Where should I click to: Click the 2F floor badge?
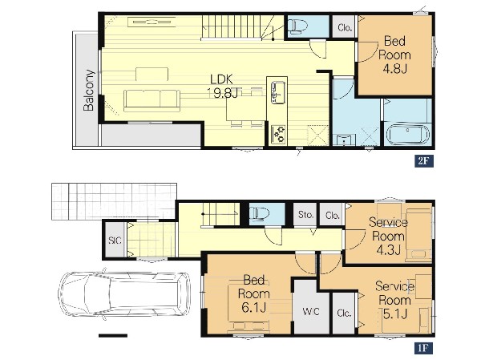tap(423, 161)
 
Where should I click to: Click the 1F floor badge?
tap(423, 348)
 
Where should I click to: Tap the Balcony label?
tap(89, 91)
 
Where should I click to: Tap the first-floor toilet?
tap(259, 213)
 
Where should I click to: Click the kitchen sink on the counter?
tap(277, 92)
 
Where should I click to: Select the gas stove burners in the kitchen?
tap(279, 134)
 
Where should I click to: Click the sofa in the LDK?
tap(152, 101)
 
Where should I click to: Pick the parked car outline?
tap(124, 296)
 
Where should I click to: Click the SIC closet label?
tap(115, 240)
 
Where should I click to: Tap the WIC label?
tap(311, 312)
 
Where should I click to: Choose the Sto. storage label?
tap(305, 215)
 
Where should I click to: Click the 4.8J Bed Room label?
tap(394, 55)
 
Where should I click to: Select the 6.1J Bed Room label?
tap(254, 293)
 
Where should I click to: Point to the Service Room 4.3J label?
tap(388, 236)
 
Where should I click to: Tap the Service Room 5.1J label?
tap(394, 300)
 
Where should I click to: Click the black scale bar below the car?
tap(113, 335)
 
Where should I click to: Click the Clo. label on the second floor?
tap(345, 27)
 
